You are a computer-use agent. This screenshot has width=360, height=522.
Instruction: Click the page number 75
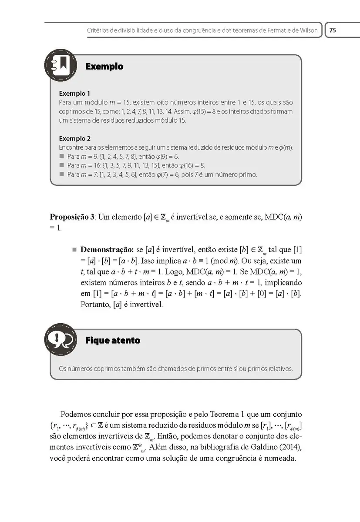pos(333,30)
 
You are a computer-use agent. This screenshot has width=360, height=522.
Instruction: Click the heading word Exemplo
pos(104,67)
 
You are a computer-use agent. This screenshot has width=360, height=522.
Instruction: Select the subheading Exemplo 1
pos(74,94)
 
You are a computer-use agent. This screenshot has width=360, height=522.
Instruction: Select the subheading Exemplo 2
pos(74,139)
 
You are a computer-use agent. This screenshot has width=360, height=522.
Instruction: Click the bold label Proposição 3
pos(72,217)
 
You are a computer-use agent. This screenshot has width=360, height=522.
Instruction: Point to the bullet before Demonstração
pos(74,250)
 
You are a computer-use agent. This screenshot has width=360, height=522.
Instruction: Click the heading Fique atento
pos(113,340)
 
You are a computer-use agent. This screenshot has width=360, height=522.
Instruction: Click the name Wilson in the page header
pos(308,30)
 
